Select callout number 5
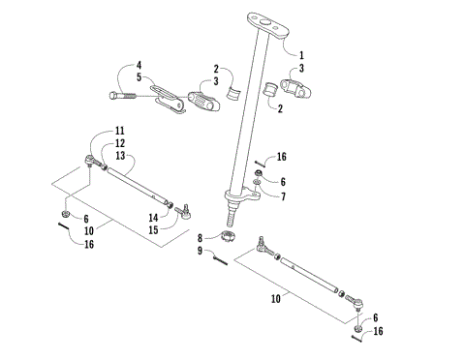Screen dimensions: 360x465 click(139, 77)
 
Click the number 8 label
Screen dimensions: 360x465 click(201, 237)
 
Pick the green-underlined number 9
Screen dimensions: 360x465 click(201, 252)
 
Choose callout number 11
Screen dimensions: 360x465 click(120, 131)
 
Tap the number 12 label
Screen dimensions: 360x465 click(120, 142)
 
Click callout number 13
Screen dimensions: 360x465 click(120, 154)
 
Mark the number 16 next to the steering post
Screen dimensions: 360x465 click(282, 156)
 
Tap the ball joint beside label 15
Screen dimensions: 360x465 click(183, 211)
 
